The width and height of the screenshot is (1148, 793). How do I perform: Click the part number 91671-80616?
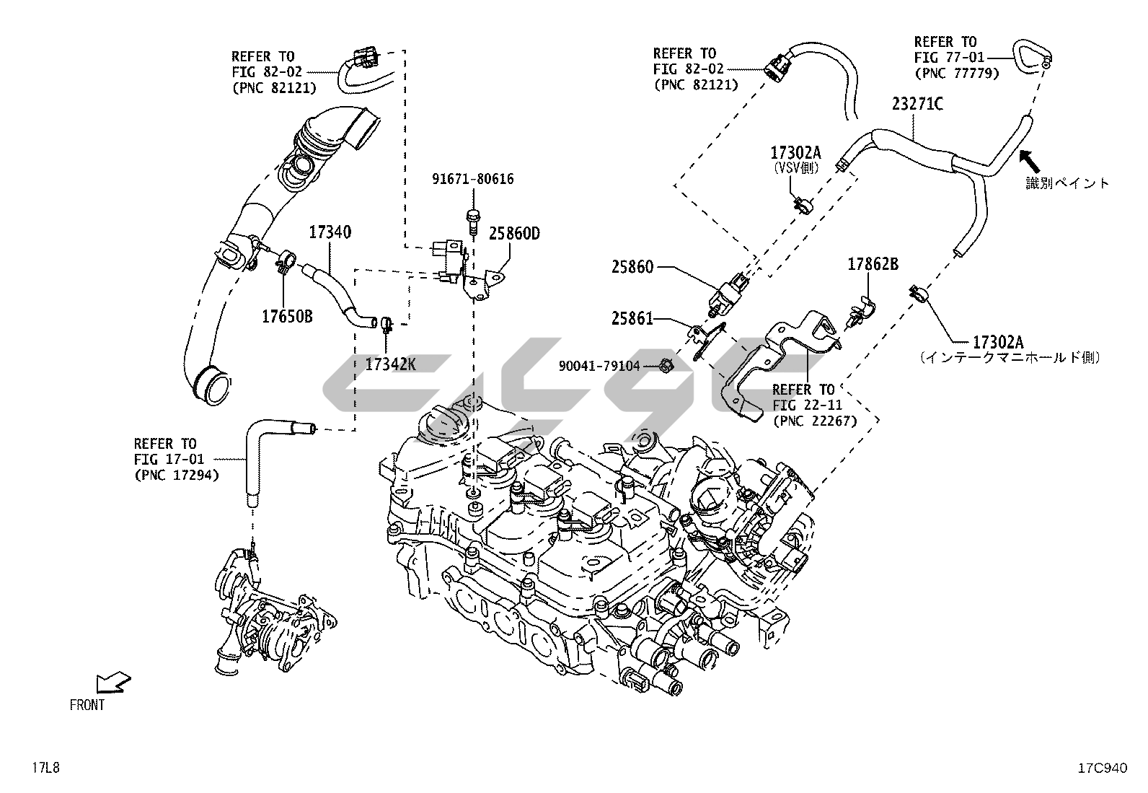point(473,179)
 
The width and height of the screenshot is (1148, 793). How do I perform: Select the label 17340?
point(330,232)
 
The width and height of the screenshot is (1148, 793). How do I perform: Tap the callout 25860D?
point(514,233)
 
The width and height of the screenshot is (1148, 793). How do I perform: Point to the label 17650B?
point(287,316)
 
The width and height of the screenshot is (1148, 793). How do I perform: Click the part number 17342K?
point(390,364)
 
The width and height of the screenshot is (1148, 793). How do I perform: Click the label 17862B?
point(873,265)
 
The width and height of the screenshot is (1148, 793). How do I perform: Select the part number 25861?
point(632,318)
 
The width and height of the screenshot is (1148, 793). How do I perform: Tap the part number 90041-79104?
point(599,367)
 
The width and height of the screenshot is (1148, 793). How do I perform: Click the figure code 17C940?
point(1102,768)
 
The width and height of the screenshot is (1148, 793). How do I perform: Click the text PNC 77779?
point(956,73)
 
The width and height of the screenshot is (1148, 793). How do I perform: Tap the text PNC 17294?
point(177,475)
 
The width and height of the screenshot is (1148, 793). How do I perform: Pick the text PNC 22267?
point(814,421)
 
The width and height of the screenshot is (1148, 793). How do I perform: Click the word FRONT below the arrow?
point(87,705)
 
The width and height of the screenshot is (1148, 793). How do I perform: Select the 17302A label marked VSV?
point(795,152)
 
